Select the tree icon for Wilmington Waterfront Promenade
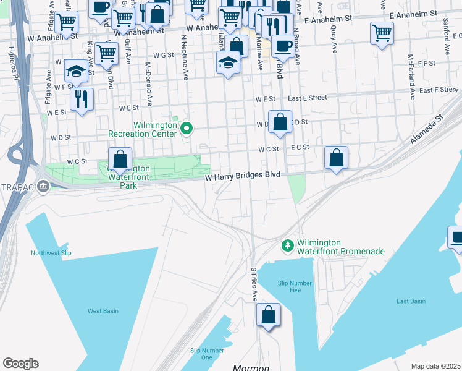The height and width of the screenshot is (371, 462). pyautogui.click(x=287, y=246)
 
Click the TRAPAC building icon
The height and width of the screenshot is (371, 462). pyautogui.click(x=43, y=185)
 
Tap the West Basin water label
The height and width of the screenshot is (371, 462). pyautogui.click(x=103, y=310)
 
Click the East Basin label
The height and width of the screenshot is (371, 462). pyautogui.click(x=410, y=301)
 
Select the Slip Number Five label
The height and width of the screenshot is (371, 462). pyautogui.click(x=289, y=286)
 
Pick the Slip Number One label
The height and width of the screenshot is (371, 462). pyautogui.click(x=201, y=354)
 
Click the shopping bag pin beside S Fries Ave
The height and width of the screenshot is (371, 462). pyautogui.click(x=269, y=315)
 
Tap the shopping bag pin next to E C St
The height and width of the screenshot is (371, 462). pyautogui.click(x=336, y=158)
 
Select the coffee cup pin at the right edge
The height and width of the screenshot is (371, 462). pyautogui.click(x=456, y=238)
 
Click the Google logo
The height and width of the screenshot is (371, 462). pyautogui.click(x=20, y=364)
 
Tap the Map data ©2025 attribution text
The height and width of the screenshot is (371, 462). pyautogui.click(x=435, y=366)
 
